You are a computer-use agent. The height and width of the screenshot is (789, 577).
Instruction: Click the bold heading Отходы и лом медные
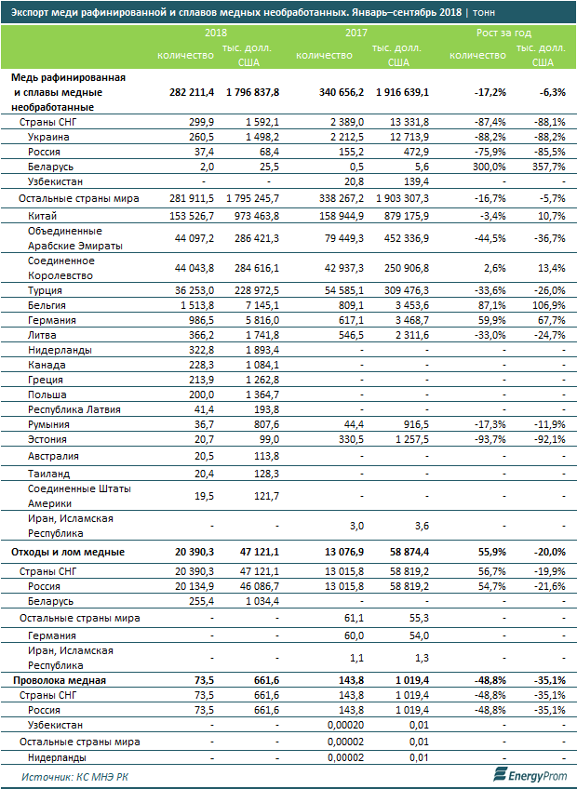tap(67, 552)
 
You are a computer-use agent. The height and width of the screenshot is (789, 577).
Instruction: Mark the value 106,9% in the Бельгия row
tap(547, 304)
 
